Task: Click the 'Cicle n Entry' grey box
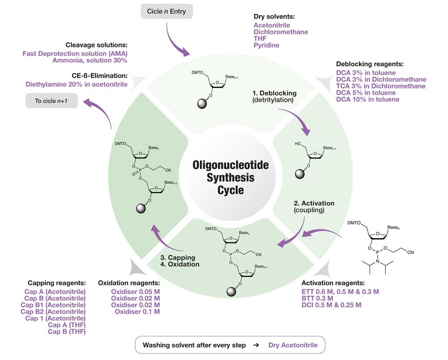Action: point(166,10)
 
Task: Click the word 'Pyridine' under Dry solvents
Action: point(267,45)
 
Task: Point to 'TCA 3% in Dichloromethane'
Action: point(381,86)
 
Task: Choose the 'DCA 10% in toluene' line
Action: point(368,99)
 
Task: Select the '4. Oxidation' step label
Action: point(181,264)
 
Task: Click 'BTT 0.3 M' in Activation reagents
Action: point(318,298)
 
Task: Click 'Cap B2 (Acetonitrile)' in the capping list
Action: point(55,312)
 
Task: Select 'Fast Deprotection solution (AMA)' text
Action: point(75,53)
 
